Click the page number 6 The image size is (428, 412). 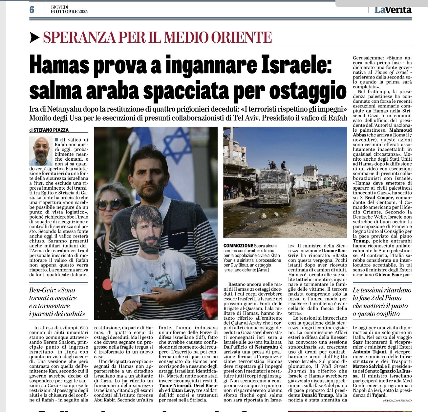(x=32, y=10)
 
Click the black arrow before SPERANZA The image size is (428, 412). (x=34, y=38)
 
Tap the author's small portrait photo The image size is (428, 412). (x=41, y=151)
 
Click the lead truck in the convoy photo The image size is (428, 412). (x=275, y=186)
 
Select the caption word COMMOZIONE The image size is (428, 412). (x=238, y=246)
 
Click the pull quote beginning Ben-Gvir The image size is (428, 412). (x=58, y=302)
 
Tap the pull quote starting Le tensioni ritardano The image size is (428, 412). (x=382, y=302)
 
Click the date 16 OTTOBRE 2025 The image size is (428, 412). (x=69, y=11)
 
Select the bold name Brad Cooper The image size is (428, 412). (x=378, y=198)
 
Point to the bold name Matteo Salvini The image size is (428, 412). (x=368, y=366)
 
